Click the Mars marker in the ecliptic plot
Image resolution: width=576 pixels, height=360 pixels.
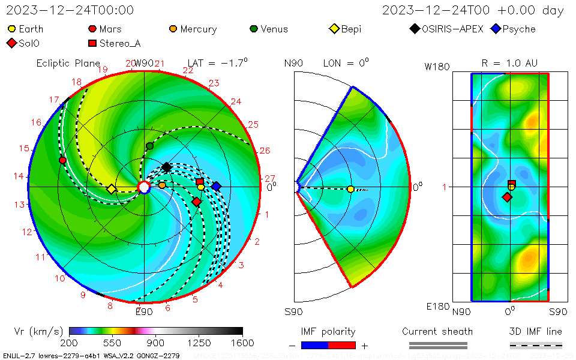click(62, 160)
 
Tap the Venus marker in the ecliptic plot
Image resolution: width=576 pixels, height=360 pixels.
click(149, 146)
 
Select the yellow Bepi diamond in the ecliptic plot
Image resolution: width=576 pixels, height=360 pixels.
click(111, 189)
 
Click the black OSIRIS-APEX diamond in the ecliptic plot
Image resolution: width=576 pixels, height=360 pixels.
click(166, 167)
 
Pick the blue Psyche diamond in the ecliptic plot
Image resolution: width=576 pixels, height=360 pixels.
click(216, 186)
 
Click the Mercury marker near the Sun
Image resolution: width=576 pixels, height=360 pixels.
click(162, 185)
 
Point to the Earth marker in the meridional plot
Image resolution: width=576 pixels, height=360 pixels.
click(350, 189)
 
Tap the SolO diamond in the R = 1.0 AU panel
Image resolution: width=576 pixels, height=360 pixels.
click(507, 197)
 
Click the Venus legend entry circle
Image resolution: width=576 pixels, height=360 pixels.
click(254, 29)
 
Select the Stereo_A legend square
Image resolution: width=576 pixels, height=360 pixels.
click(92, 43)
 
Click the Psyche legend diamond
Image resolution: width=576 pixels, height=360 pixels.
click(496, 29)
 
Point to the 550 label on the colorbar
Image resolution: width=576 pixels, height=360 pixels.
click(112, 343)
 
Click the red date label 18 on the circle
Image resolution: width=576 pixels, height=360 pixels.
click(77, 82)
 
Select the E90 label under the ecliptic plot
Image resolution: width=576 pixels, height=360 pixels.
click(144, 311)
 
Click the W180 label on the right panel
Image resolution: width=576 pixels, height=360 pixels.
click(437, 67)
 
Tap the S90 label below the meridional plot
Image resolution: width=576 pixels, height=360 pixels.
click(293, 311)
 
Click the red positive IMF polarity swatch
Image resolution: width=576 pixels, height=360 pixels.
click(342, 345)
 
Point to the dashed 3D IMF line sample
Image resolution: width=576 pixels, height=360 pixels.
click(536, 345)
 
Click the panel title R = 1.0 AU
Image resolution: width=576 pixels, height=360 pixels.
click(509, 63)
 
